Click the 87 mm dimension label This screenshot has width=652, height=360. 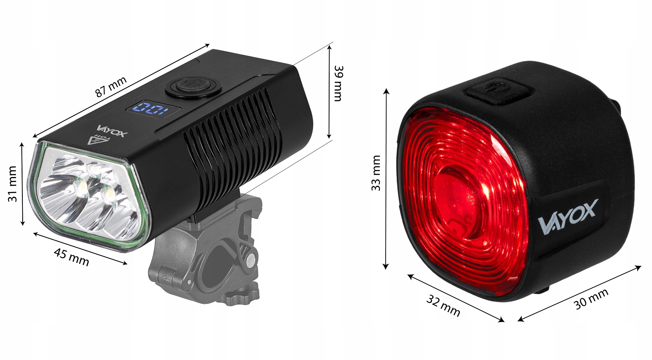tap(111, 87)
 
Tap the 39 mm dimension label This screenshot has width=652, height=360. tap(338, 83)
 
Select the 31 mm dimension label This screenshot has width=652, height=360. tap(13, 184)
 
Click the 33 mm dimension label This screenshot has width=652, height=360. tap(376, 173)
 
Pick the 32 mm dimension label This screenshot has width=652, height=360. tap(443, 305)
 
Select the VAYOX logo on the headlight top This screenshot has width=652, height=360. tap(112, 131)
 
